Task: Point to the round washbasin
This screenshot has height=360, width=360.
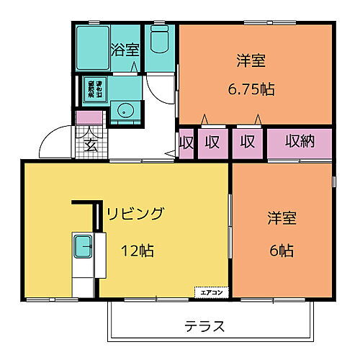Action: [126, 112]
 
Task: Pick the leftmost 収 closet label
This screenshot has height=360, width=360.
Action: [186, 142]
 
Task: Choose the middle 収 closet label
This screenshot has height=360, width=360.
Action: [212, 142]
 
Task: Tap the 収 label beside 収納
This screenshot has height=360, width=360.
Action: [248, 142]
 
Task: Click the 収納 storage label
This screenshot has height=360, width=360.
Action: [299, 142]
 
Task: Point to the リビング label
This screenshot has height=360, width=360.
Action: [136, 214]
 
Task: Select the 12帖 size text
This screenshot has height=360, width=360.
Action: [136, 251]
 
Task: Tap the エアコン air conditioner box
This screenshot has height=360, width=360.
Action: [211, 292]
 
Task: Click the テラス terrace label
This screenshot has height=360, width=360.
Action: [204, 325]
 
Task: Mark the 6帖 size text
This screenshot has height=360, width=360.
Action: [282, 251]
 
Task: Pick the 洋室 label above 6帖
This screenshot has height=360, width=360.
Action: [282, 217]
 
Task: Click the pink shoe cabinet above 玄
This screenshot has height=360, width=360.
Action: [89, 118]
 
